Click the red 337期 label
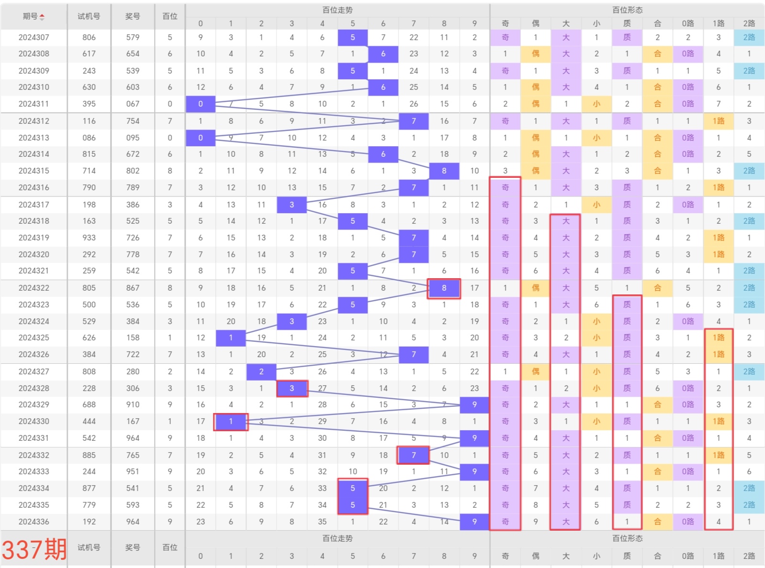pos(34,548)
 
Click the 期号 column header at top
pos(33,16)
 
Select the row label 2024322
pos(33,288)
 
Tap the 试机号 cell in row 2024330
pos(89,421)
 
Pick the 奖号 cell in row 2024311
pos(133,104)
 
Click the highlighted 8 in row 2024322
pos(444,288)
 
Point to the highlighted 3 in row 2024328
pos(292,388)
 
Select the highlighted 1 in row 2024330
pos(231,421)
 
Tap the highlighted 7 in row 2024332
pos(413,455)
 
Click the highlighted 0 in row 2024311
pos(200,104)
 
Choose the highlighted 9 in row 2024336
pos(474,522)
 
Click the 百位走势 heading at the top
pos(337,10)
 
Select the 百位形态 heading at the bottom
pos(627,538)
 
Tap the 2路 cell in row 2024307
pos(749,37)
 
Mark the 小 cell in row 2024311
pos(596,104)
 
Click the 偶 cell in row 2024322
pos(535,288)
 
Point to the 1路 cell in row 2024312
pos(718,121)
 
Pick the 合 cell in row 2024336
pos(657,522)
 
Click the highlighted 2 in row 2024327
pos(261,371)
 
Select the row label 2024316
pos(33,187)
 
